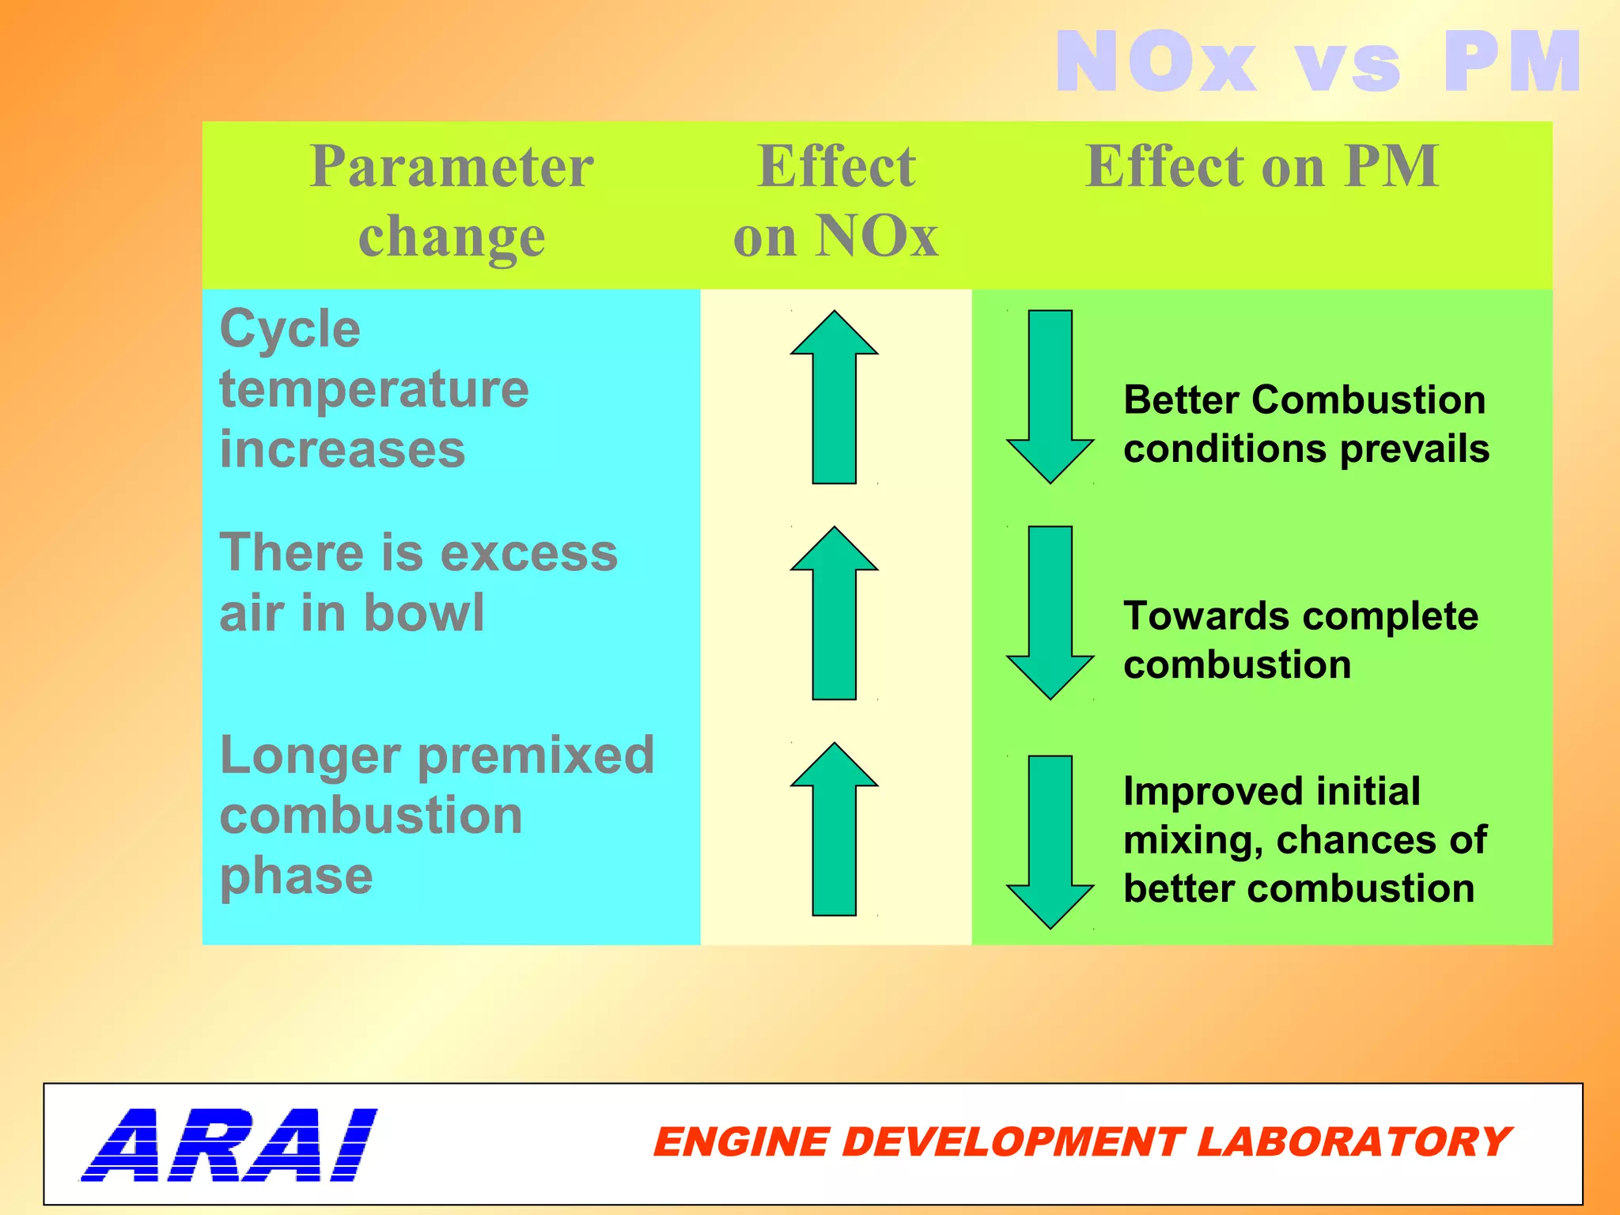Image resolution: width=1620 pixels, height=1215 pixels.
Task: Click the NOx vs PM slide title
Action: (x=1317, y=62)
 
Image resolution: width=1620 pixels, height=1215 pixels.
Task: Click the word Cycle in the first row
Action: (x=290, y=328)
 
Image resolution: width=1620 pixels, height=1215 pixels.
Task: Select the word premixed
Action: (x=536, y=755)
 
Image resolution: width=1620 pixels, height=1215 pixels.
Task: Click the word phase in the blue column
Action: (x=296, y=876)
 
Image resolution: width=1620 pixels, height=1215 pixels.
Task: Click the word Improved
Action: (x=1192, y=791)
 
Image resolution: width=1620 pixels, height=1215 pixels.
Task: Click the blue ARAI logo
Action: (x=229, y=1144)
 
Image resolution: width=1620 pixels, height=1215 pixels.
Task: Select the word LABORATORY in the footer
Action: (x=1353, y=1142)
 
